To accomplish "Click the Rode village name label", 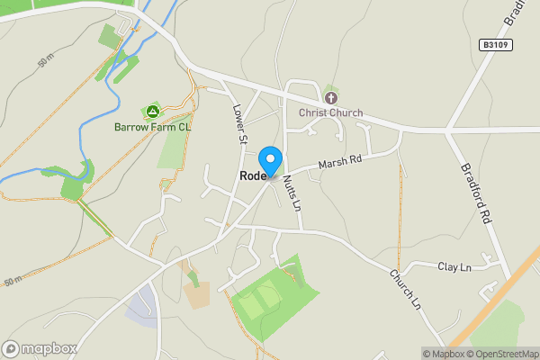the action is point(253,176).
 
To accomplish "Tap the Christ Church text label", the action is point(331,113).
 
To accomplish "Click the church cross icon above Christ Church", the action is point(330,97).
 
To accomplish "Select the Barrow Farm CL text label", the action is point(153,127).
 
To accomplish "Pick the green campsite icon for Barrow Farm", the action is point(153,112).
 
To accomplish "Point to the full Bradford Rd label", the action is point(476,193).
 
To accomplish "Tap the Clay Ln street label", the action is point(454,267).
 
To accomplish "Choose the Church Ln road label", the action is point(405,290).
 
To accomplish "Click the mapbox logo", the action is point(40,348).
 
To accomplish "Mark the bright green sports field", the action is point(274,297).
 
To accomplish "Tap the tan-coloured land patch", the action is point(198,295).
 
